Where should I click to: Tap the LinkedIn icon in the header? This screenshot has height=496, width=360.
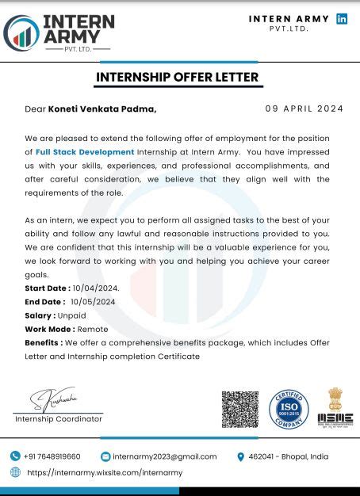(x=342, y=19)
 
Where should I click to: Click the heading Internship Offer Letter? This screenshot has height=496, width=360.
(x=177, y=77)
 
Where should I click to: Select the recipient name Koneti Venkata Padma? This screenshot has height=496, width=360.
(x=102, y=109)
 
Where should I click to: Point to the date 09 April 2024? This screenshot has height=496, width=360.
(x=304, y=109)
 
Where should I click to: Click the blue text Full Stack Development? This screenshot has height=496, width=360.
(x=86, y=151)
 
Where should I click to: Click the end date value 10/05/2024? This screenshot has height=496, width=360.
(x=93, y=301)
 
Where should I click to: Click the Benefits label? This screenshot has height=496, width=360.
(x=44, y=342)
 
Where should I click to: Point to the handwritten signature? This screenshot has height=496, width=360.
(x=56, y=399)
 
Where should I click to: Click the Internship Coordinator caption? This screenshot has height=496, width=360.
(x=59, y=418)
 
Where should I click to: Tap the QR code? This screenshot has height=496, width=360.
(x=239, y=409)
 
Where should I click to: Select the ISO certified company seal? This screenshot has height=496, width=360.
(x=289, y=409)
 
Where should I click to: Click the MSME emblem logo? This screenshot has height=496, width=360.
(x=335, y=407)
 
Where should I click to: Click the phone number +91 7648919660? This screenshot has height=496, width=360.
(x=52, y=456)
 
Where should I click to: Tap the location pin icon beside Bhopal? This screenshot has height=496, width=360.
(x=240, y=456)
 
